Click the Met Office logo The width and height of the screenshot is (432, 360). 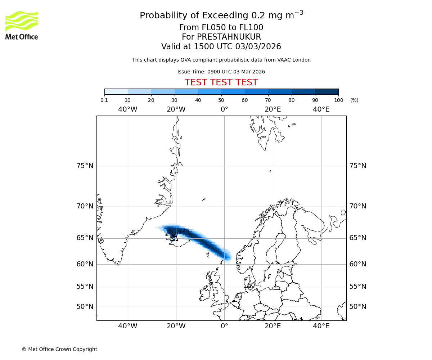[22, 25]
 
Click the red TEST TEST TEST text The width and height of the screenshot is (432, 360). [221, 82]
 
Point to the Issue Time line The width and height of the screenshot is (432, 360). [221, 72]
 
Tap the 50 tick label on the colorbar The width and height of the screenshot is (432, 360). [221, 100]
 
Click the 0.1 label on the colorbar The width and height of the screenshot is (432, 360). [104, 100]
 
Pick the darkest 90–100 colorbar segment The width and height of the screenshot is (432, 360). [327, 91]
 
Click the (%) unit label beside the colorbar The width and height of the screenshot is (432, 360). [354, 100]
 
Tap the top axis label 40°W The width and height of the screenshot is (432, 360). [128, 109]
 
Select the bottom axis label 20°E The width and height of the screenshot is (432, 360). [273, 326]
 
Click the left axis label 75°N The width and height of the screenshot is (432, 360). [85, 166]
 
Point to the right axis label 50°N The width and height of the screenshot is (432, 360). [358, 307]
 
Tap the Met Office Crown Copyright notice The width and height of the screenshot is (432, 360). [59, 349]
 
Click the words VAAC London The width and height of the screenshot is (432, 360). [294, 60]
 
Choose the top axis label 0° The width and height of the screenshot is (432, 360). [224, 109]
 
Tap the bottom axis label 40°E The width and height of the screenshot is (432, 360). [321, 326]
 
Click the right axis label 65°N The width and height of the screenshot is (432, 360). [358, 238]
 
